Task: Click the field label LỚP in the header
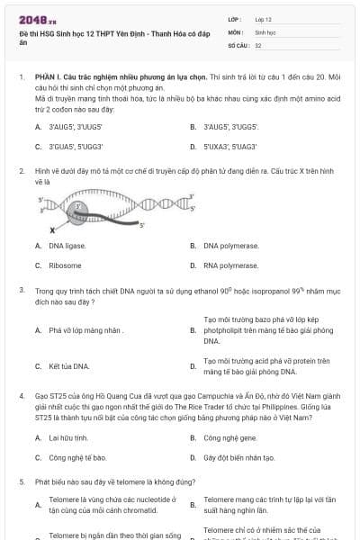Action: click(x=235, y=18)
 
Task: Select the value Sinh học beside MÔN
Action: click(x=265, y=31)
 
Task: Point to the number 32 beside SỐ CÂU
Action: click(x=258, y=44)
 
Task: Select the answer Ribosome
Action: click(x=65, y=265)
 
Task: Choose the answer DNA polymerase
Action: click(x=231, y=246)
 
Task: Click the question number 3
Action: click(x=21, y=291)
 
